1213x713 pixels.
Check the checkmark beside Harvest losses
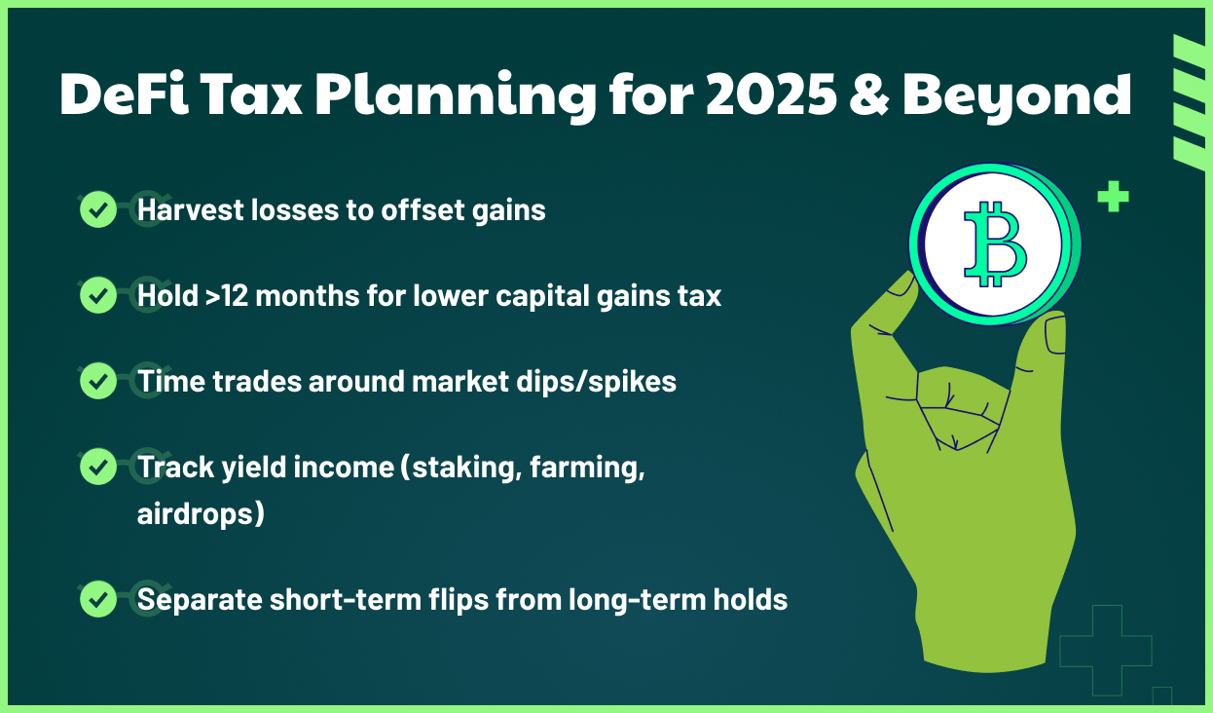pos(97,209)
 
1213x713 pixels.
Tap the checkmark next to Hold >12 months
pos(97,295)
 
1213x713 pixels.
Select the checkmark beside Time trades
pos(97,381)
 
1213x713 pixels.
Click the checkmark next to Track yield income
pos(97,467)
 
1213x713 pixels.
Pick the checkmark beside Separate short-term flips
pos(97,599)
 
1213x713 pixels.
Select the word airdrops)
pos(201,513)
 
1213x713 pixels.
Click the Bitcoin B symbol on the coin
pos(995,244)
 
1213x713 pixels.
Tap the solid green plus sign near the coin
pos(1113,197)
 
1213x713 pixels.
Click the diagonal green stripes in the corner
pos(1189,103)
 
